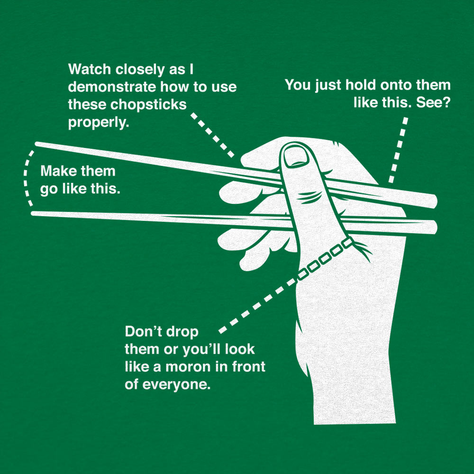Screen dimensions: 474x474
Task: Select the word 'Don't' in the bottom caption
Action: click(141, 331)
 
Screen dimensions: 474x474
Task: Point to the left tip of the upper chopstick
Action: click(38, 144)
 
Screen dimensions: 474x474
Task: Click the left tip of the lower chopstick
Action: click(34, 214)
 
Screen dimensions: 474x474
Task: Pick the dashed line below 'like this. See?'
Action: click(398, 149)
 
